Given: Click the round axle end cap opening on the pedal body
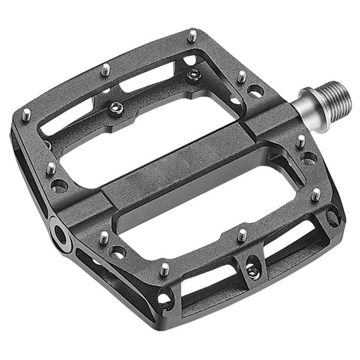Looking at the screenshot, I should click(61, 233).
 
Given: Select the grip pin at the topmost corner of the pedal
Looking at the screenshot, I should click(192, 35).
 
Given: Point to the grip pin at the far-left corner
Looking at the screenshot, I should click(26, 114).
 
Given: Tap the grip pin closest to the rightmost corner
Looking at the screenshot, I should click(316, 194).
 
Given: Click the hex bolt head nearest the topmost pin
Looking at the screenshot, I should click(193, 75).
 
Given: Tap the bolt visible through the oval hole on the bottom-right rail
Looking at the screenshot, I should click(253, 271).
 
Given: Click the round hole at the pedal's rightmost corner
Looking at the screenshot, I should click(332, 216).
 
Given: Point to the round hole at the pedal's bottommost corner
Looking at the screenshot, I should click(163, 296).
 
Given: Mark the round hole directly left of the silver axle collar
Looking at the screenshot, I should click(255, 91).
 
